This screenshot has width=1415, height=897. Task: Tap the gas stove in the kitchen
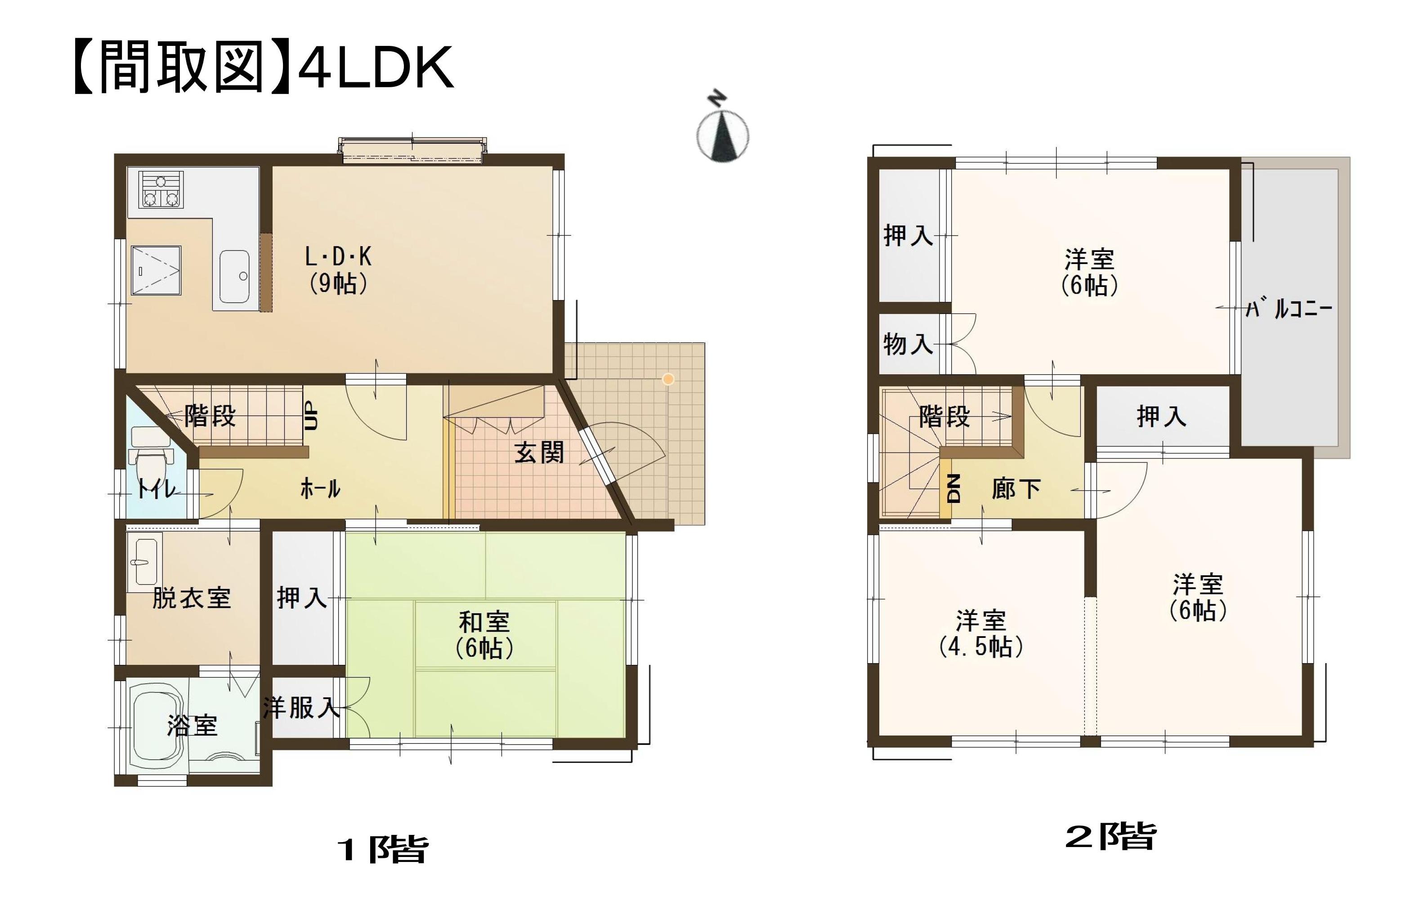[161, 190]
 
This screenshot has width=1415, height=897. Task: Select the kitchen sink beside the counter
[234, 276]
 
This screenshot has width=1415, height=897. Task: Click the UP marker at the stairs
[311, 416]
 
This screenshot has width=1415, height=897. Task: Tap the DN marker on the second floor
[953, 489]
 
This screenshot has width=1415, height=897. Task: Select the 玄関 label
[539, 453]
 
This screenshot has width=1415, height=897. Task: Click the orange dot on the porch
[668, 379]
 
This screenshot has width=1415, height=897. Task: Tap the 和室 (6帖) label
[484, 636]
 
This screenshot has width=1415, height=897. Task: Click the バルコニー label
[1289, 309]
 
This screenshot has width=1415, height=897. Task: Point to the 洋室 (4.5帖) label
[981, 634]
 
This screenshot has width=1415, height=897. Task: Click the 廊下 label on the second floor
[1016, 489]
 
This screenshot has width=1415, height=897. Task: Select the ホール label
[320, 489]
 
